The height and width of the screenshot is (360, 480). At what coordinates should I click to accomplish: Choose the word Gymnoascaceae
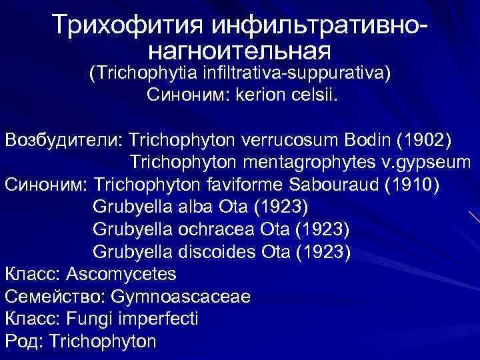pos(180,297)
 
